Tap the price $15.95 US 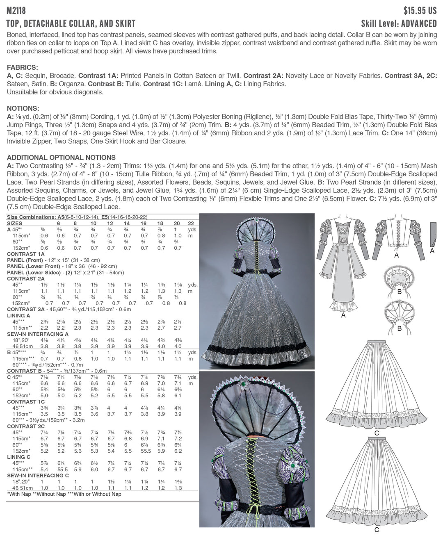(x=420, y=10)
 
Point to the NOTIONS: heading (x=23, y=108)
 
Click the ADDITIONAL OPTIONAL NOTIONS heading (x=61, y=157)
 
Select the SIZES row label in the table (x=15, y=223)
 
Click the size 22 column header (x=191, y=223)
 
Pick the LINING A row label (x=18, y=316)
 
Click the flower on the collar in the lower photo (x=246, y=385)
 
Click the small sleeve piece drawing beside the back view (x=432, y=234)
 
